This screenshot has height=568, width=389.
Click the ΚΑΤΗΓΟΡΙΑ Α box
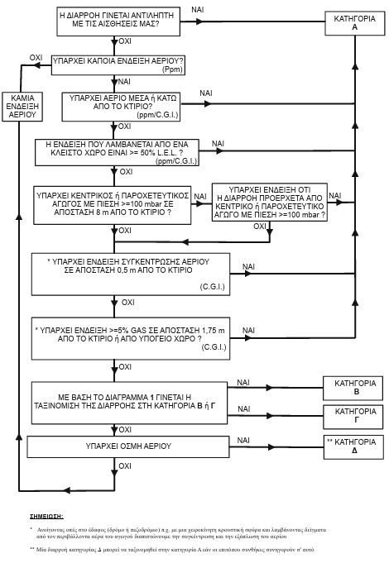tap(354, 23)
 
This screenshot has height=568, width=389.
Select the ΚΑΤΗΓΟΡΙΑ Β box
tap(353, 388)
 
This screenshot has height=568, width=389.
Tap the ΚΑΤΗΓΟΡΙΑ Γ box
tap(353, 417)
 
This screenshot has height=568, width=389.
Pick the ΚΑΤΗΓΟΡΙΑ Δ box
tap(353, 447)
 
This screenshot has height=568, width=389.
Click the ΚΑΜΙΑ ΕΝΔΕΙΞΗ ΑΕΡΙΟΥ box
tap(22, 107)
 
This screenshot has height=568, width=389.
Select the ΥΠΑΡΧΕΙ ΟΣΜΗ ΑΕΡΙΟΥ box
tap(128, 446)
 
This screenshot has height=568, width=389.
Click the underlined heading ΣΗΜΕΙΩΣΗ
tap(46, 517)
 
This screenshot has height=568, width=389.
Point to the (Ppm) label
tap(172, 69)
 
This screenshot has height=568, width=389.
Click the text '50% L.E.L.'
tap(159, 152)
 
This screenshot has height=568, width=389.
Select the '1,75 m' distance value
tap(214, 331)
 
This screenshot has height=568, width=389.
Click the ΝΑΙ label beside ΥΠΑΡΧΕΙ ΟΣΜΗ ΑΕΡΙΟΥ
tap(243, 441)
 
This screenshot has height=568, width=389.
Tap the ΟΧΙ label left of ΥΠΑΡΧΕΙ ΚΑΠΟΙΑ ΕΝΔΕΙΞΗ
tap(36, 58)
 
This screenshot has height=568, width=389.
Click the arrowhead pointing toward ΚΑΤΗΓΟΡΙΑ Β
tap(269, 388)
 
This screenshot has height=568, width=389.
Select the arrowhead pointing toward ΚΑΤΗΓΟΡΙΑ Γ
tap(269, 416)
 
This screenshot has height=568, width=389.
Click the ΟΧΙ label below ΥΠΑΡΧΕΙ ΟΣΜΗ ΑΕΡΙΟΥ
tap(125, 466)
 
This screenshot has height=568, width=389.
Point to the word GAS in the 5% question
tap(138, 331)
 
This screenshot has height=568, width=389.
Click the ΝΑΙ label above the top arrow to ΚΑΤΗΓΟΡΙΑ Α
tap(198, 10)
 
